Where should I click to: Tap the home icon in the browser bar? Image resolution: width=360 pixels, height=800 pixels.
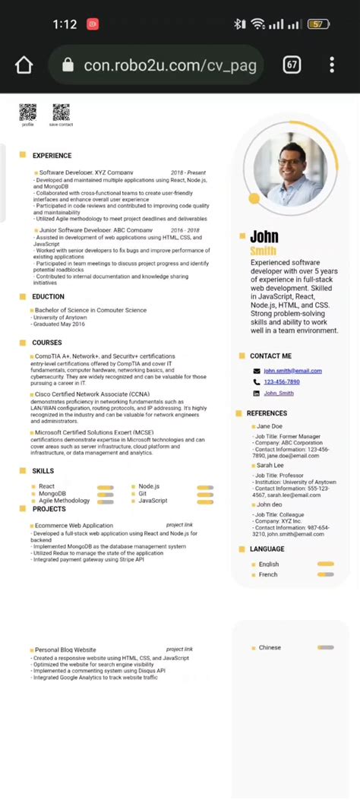click(x=24, y=65)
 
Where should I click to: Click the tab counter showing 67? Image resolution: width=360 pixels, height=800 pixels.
click(x=292, y=65)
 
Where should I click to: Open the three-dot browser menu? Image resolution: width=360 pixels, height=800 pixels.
click(x=332, y=65)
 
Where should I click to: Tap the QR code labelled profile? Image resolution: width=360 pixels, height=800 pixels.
click(x=27, y=112)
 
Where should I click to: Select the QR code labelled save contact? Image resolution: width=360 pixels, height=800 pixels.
click(x=61, y=112)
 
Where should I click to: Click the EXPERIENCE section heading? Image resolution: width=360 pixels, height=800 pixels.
click(x=52, y=156)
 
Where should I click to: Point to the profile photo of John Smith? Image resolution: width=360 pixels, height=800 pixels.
click(x=289, y=165)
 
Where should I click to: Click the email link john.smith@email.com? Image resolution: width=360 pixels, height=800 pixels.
click(x=292, y=371)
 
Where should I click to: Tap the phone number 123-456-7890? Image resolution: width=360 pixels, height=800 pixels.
click(x=281, y=382)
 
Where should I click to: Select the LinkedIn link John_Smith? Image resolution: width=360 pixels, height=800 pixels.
click(x=278, y=394)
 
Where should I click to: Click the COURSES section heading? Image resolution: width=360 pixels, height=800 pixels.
click(x=47, y=343)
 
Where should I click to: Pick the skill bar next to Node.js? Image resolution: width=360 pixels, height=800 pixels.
click(x=205, y=487)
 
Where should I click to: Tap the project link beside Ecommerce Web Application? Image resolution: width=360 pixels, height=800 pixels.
click(x=179, y=525)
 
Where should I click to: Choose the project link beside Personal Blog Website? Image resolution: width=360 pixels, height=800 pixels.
click(x=179, y=650)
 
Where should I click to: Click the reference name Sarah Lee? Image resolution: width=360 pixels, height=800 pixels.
click(x=270, y=465)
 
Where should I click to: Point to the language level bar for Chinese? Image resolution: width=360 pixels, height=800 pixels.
click(x=326, y=648)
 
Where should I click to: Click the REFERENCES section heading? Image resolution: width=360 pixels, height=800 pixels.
click(x=267, y=414)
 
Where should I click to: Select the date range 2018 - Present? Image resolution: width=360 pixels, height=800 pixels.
click(x=188, y=173)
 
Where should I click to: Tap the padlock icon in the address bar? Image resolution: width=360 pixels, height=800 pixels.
click(x=68, y=65)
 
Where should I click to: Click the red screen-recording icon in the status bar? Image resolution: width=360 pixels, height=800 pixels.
click(x=93, y=24)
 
